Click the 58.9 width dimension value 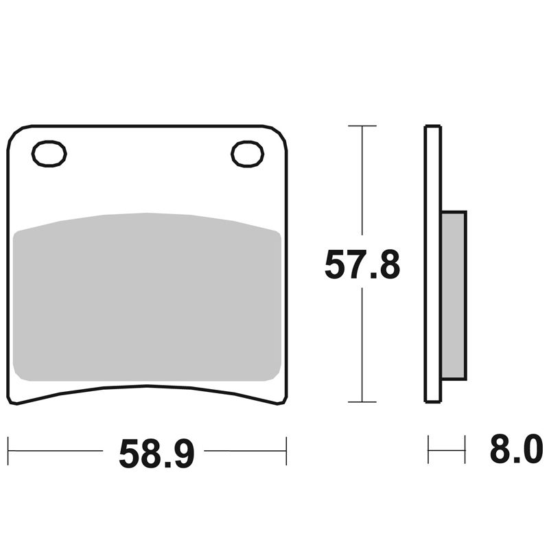pos(157,453)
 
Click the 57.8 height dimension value pos(362,266)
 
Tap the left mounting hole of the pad pos(49,154)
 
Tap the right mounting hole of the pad pos(247,154)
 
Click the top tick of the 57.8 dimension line pos(362,126)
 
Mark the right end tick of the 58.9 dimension pos(286,451)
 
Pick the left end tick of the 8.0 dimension pos(428,451)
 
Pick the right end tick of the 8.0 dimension pos(465,451)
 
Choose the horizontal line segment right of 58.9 pos(245,451)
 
